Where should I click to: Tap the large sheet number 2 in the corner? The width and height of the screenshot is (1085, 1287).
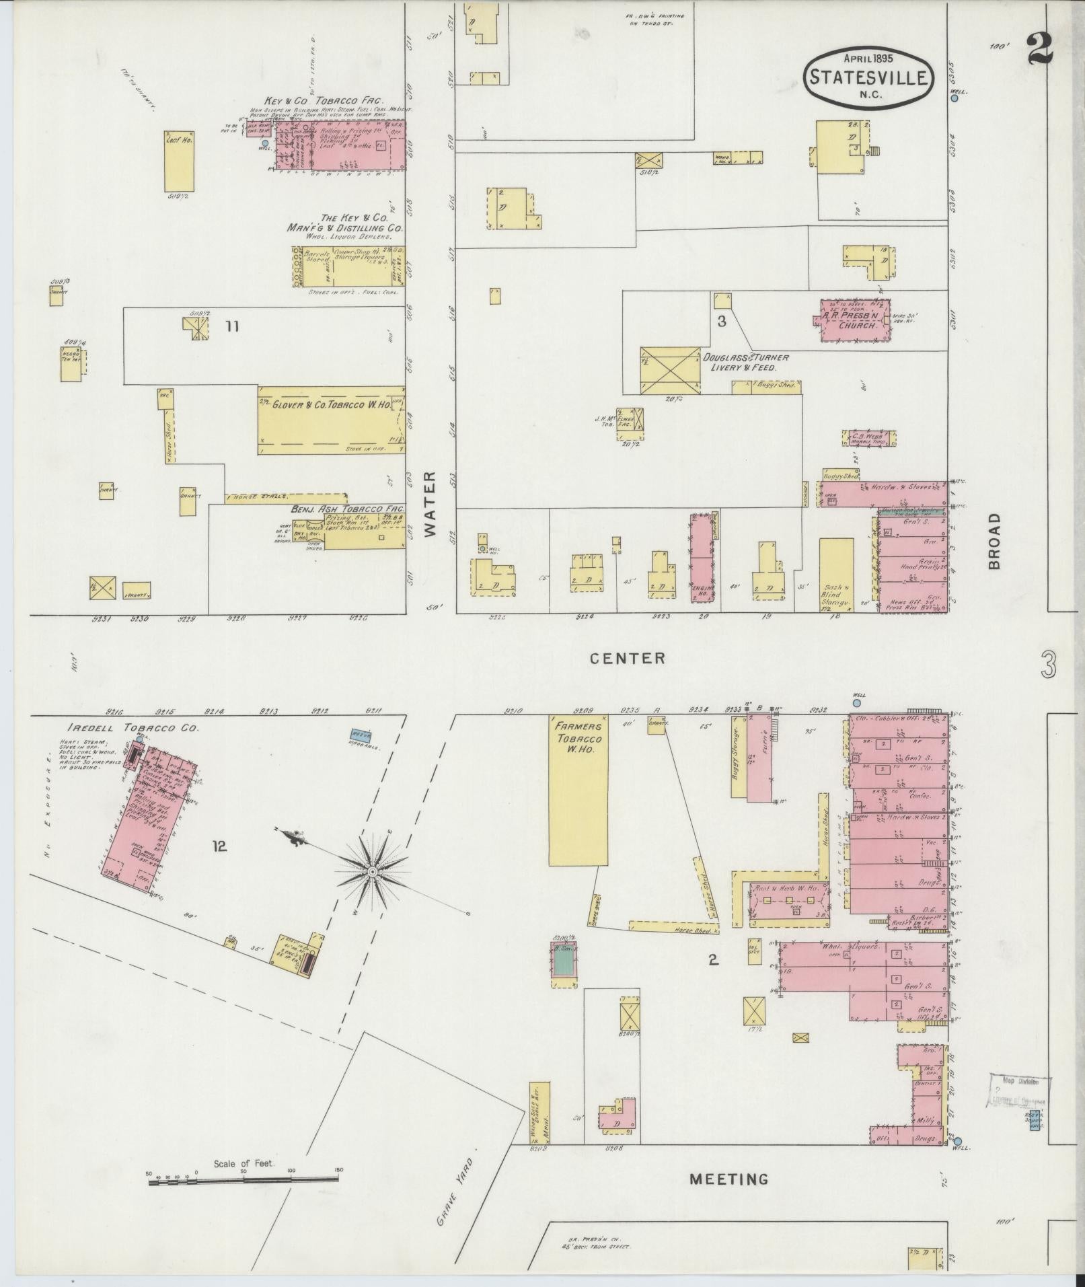click(1040, 49)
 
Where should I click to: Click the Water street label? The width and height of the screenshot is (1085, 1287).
click(431, 503)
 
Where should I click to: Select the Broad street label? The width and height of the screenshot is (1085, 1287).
click(995, 541)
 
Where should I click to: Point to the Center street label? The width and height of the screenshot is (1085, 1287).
click(627, 658)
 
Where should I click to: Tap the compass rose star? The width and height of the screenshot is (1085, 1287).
click(371, 872)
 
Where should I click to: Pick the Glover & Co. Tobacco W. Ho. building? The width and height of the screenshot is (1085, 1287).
click(332, 420)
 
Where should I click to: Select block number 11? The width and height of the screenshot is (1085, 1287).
click(232, 327)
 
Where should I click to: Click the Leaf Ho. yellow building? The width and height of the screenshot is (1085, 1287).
click(179, 161)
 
